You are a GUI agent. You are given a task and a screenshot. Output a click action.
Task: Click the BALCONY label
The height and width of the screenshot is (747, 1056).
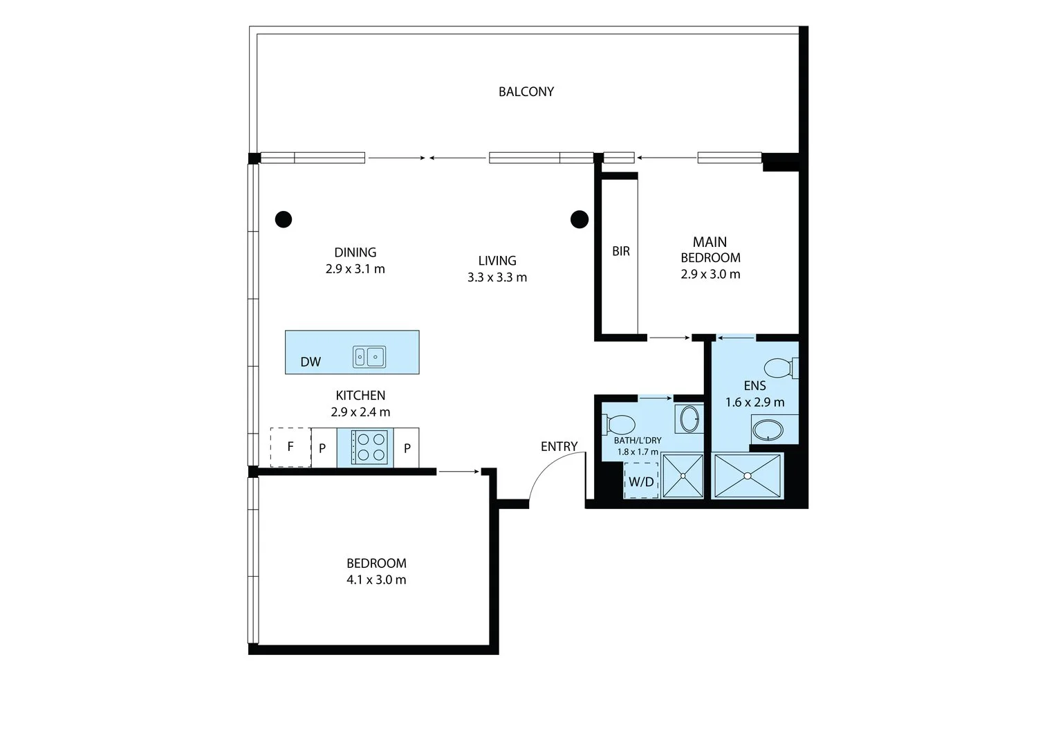526,91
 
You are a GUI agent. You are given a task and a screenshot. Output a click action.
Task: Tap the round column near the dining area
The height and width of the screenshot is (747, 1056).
284,219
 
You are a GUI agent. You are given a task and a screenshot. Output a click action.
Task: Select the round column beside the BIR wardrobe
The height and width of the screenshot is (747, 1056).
580,219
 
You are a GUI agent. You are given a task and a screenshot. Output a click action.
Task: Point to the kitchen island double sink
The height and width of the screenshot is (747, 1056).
369,357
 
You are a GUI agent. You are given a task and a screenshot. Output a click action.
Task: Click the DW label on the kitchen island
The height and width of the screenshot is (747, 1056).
311,362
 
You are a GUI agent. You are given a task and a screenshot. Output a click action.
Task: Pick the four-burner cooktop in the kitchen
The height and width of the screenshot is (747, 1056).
369,447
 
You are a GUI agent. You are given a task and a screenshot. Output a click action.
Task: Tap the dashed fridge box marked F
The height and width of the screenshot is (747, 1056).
290,447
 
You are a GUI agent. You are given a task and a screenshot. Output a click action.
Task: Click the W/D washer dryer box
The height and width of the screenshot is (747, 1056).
641,481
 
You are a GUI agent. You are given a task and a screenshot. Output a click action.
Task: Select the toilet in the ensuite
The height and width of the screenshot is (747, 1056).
781,368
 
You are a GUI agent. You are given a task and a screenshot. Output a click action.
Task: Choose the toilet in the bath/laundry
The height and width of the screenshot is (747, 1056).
618,425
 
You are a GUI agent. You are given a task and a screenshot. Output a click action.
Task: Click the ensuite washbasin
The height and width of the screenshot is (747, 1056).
768,430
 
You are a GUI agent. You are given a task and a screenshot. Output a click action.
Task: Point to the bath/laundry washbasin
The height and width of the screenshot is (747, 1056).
689,418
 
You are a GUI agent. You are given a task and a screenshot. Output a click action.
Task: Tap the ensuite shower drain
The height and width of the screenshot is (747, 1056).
747,477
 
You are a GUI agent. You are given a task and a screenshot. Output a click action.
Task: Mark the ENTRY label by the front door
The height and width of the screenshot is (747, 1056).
559,446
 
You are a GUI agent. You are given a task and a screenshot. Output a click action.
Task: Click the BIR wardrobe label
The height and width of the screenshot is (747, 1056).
621,251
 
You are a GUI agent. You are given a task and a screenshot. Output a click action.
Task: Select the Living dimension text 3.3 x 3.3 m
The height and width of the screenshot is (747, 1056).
497,277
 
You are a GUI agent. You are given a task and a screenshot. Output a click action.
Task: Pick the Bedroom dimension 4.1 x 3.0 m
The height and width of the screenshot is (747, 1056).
376,580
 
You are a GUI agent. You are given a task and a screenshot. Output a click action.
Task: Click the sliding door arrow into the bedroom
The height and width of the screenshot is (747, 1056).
458,471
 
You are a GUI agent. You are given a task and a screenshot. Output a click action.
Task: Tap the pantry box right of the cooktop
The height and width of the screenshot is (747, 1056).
407,448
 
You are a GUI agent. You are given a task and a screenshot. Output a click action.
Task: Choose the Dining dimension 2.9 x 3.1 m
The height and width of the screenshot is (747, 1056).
355,269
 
